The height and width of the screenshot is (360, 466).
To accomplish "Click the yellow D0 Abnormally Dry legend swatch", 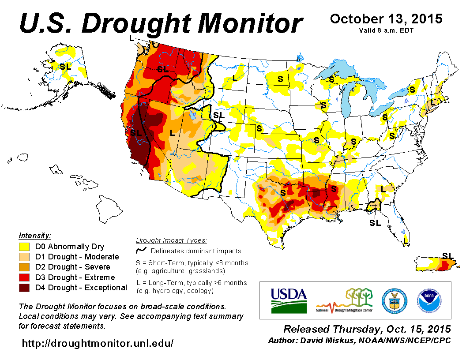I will (24, 247).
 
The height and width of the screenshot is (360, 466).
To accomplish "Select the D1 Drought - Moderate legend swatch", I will (24, 257).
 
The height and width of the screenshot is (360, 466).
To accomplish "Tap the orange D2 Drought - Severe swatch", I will (24, 267).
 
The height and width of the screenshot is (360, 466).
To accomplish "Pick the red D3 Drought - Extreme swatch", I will (24, 277).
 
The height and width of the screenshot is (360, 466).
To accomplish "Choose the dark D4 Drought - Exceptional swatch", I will (24, 288).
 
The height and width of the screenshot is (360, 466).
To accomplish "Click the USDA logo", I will (288, 300).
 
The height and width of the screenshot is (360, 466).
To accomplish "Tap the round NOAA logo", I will (428, 300).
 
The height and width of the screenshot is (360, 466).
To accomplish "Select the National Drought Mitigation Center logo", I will (344, 300).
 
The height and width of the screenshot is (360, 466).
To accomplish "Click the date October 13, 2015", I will (386, 19).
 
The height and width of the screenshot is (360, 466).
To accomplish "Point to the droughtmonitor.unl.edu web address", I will (98, 342).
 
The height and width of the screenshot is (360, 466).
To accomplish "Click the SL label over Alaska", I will (65, 67).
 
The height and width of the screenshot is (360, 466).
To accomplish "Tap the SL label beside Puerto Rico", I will (447, 255).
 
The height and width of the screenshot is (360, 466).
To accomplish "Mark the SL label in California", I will (136, 132).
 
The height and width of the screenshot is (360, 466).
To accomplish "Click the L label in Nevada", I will (172, 132).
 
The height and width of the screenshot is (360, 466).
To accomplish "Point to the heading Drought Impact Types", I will (171, 240).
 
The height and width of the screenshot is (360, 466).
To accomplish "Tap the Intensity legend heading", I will (35, 235).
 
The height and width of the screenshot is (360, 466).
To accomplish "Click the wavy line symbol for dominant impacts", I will (141, 251).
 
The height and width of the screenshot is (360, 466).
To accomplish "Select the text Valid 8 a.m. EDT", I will (386, 30).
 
